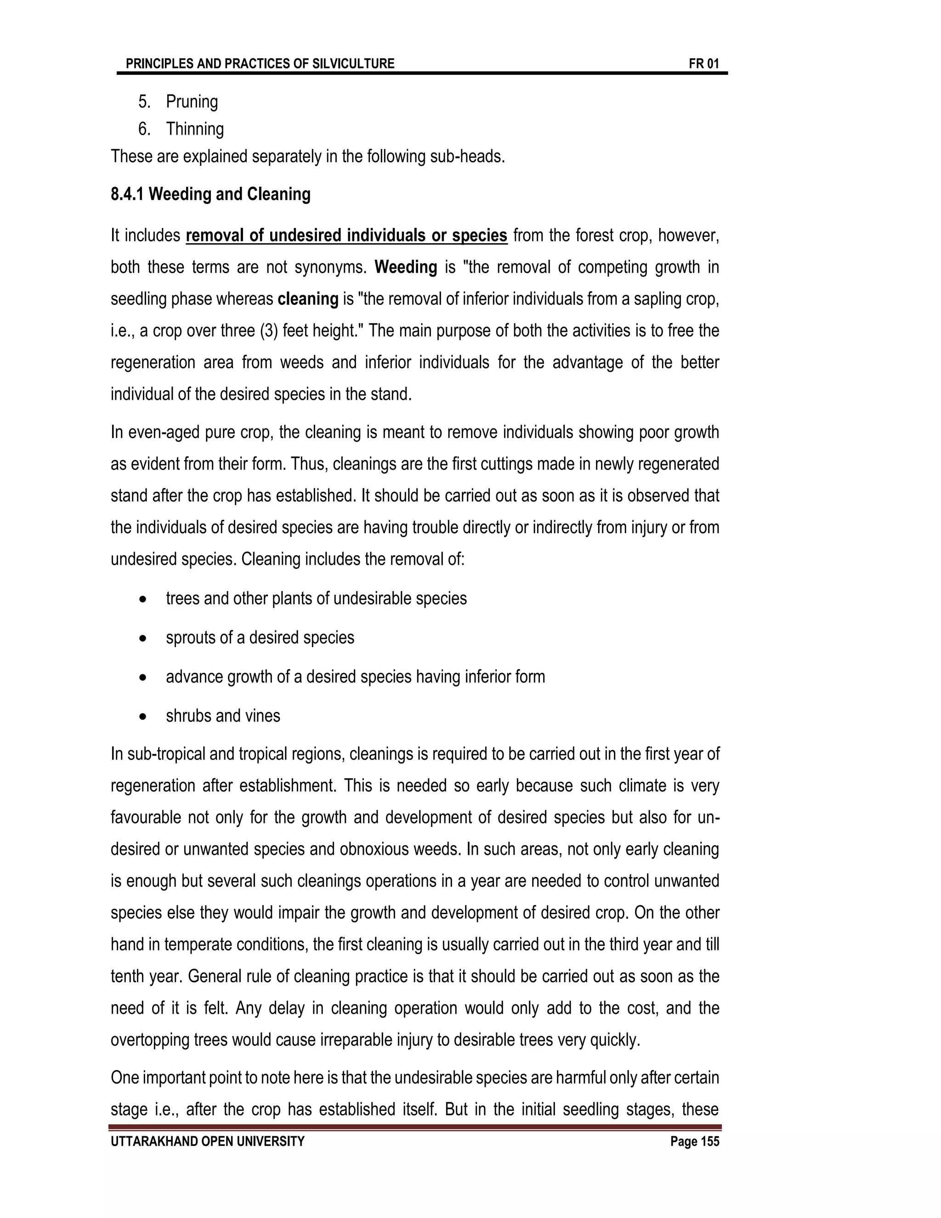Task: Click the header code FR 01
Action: click(703, 63)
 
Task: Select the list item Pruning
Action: click(192, 102)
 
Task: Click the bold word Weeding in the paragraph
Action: click(405, 267)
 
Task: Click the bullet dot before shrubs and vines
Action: click(143, 717)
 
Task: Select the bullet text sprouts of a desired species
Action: click(260, 637)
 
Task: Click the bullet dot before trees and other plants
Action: click(143, 599)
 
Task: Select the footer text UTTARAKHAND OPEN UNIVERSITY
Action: click(207, 1142)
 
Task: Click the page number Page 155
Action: click(695, 1142)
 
